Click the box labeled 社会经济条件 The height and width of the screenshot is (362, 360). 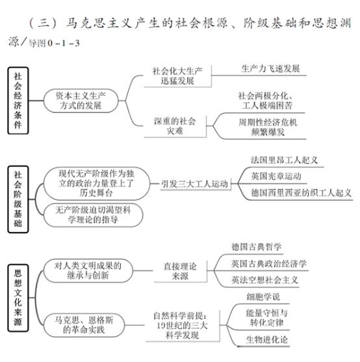tap(18, 101)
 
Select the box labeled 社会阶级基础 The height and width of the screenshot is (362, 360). tap(18, 199)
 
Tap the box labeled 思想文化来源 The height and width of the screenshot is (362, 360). tap(18, 298)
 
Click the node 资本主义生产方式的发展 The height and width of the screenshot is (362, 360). tap(81, 101)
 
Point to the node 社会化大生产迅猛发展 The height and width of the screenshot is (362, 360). tap(177, 76)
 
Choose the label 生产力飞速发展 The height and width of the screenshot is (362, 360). tap(270, 69)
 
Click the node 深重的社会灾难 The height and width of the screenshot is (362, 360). tap(175, 126)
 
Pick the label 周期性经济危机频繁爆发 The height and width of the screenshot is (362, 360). tap(268, 127)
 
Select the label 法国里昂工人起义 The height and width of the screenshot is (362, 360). tap(285, 160)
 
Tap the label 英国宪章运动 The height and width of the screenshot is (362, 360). tap(276, 176)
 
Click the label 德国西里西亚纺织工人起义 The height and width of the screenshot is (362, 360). tap(301, 193)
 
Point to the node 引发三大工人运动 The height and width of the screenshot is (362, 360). tap(194, 184)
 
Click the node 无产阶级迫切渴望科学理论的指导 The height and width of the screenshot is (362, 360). tap(93, 214)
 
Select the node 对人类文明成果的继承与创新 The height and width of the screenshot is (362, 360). tap(88, 270)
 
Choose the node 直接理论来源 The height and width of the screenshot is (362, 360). tap(180, 271)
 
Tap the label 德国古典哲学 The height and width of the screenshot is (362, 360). tap(257, 247)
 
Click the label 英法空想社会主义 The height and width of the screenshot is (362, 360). tap(265, 280)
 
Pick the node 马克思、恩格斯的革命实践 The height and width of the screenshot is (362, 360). tap(84, 325)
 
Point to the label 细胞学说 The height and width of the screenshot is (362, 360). tap(263, 296)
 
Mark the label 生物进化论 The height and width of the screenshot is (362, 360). tap(267, 340)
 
